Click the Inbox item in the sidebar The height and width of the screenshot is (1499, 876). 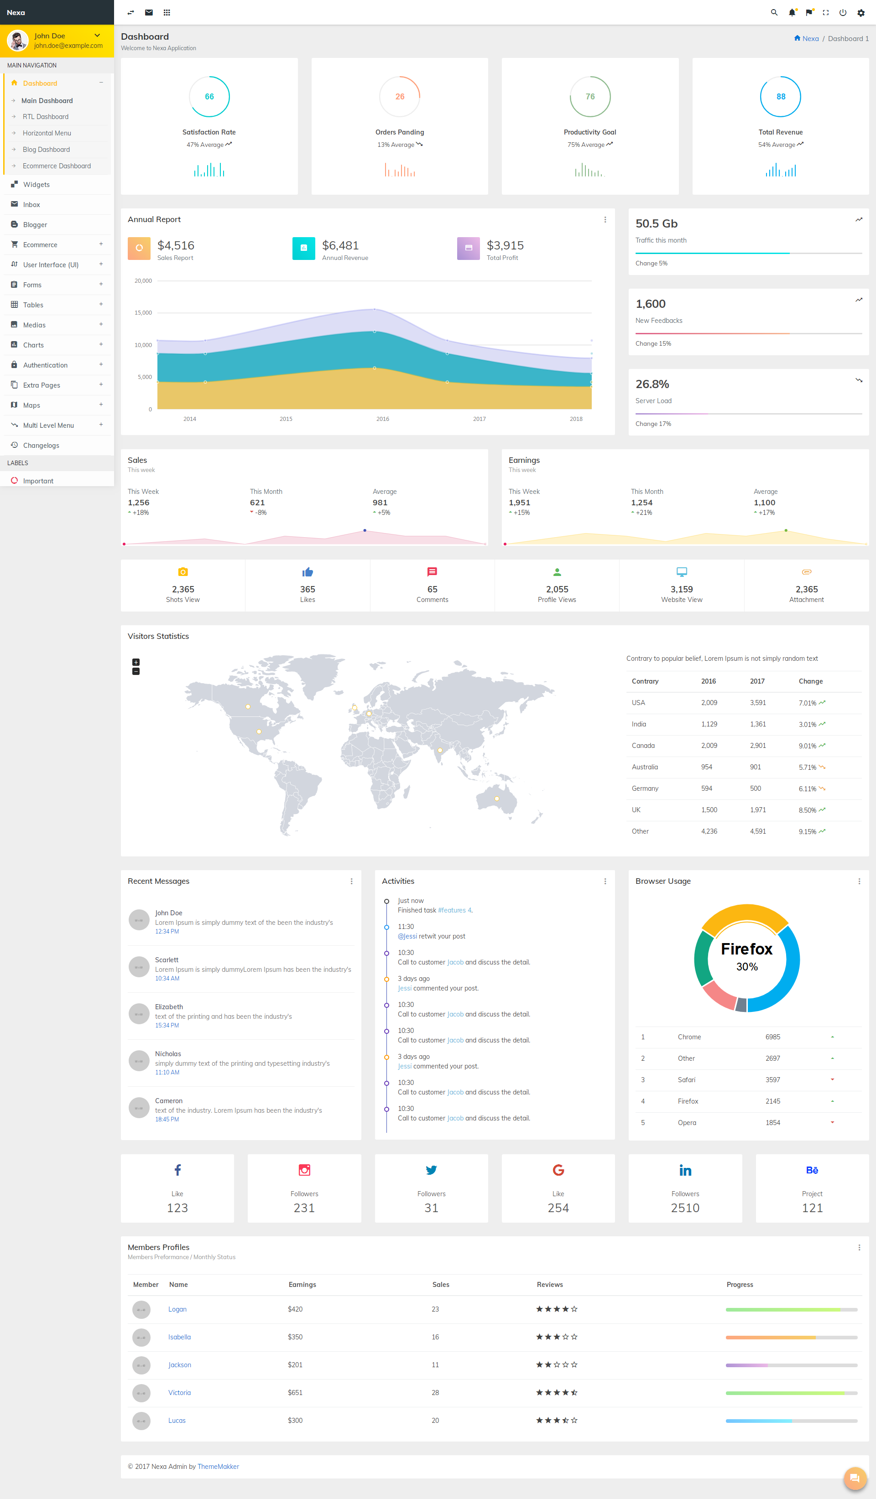31,205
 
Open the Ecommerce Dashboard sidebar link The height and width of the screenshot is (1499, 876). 57,166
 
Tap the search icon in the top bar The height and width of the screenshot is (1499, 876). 774,12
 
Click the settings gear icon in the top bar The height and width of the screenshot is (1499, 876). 860,12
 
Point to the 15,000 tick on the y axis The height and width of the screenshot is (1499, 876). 143,313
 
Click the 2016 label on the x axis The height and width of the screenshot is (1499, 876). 383,419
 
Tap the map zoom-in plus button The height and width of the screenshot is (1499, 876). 136,662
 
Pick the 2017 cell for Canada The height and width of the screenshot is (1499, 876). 757,745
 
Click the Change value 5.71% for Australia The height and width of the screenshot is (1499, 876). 808,768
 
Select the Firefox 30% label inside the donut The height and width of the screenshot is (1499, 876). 747,956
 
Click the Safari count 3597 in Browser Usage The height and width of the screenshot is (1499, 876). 772,1079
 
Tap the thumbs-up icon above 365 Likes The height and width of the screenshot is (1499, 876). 308,572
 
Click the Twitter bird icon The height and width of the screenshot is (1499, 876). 432,1170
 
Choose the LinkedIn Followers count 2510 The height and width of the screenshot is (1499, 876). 685,1208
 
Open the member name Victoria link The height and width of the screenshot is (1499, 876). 179,1393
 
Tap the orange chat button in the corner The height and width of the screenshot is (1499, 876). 855,1478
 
